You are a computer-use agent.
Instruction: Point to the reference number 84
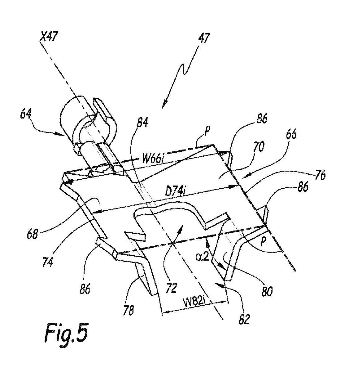tap(142, 122)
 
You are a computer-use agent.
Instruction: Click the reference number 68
tap(32, 234)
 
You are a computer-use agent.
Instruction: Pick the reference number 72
tap(172, 288)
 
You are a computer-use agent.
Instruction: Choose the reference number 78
tap(128, 310)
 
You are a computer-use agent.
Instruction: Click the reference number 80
tap(267, 291)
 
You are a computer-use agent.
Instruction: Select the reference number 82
tap(244, 319)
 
